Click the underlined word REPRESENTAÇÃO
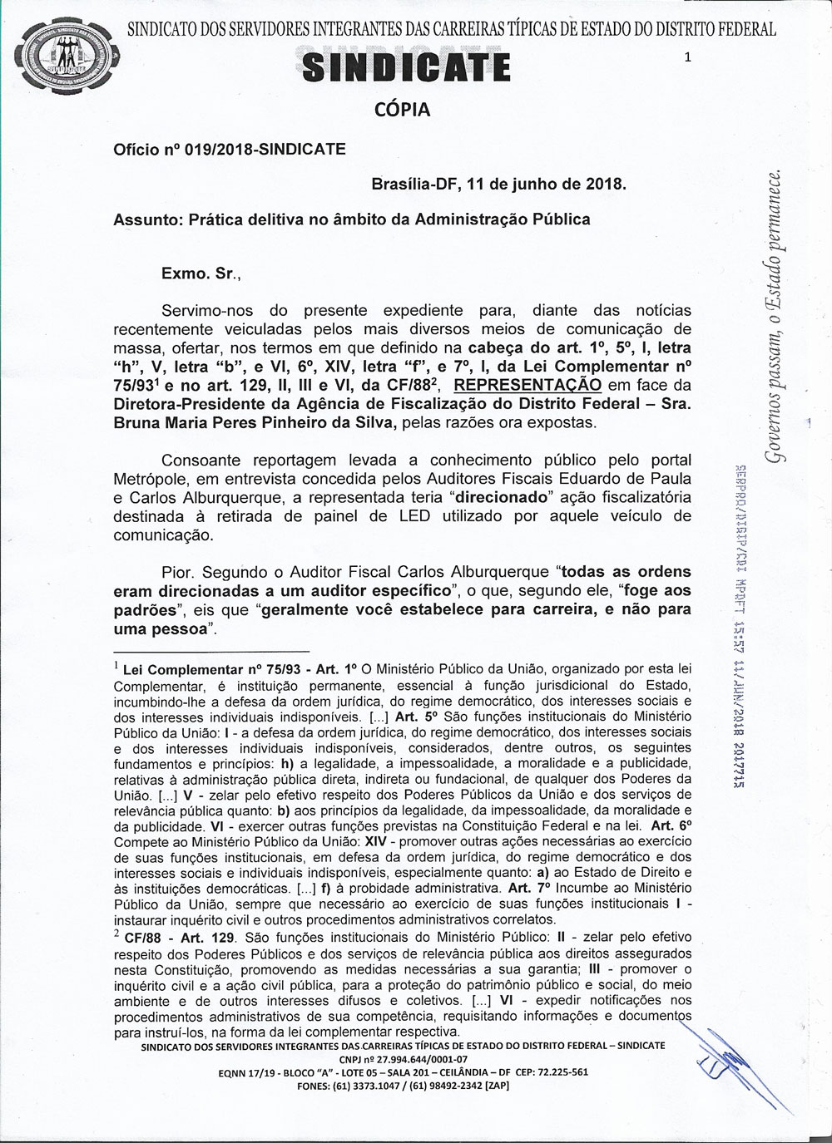coord(529,385)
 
